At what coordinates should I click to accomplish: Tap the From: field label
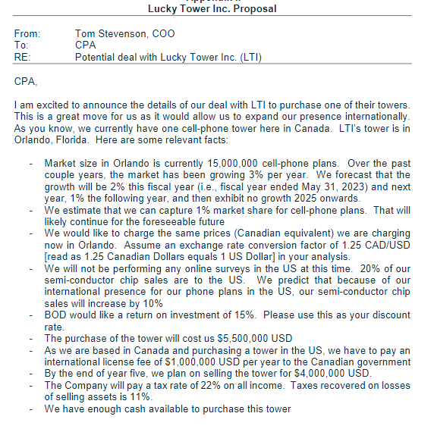[x=28, y=33]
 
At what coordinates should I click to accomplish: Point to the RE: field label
[x=24, y=56]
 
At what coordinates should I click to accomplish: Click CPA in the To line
[x=85, y=45]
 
